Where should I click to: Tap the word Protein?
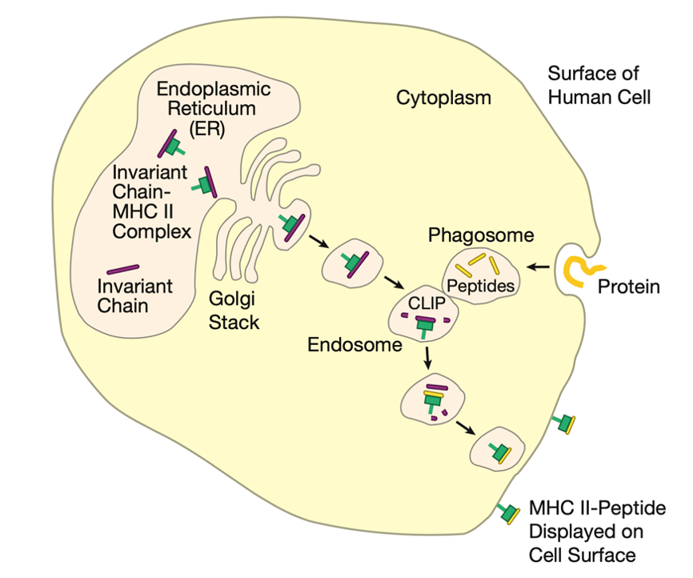pos(628,287)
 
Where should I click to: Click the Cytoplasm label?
pos(443,98)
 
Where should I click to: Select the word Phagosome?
pos(481,235)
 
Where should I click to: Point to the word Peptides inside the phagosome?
pos(480,285)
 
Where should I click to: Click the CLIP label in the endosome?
pos(423,304)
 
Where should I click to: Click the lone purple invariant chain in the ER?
pos(122,270)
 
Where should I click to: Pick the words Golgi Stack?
pos(234,311)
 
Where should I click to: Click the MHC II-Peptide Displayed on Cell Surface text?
pos(597,532)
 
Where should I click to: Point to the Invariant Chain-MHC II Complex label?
pos(151,202)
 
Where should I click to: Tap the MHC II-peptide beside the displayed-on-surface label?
pos(507,512)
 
